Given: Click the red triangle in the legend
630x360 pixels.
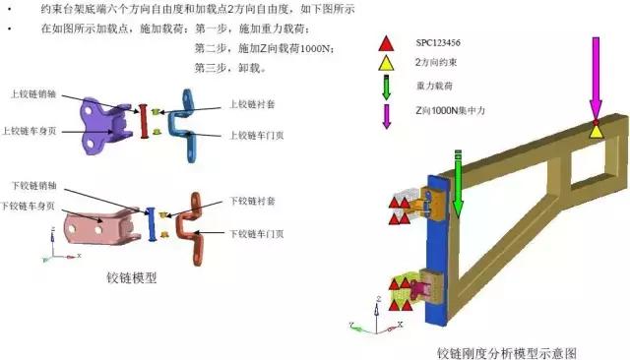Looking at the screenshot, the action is click(x=387, y=45).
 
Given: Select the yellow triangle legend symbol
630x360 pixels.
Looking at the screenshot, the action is click(x=387, y=66).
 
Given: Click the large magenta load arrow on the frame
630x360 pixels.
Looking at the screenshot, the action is click(x=596, y=74).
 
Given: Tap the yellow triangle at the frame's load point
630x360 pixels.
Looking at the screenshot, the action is click(x=596, y=130).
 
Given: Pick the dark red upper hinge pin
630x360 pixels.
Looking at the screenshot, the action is click(x=145, y=122).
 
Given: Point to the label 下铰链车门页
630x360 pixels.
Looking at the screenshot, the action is click(x=257, y=234).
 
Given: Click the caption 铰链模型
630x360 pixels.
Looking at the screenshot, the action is click(x=132, y=277).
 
